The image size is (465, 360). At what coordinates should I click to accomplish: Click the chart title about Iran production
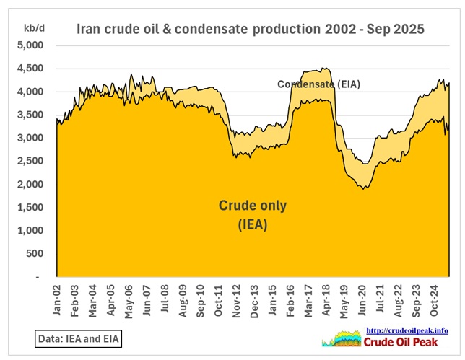point(251,30)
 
